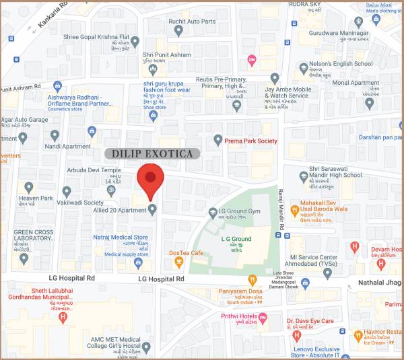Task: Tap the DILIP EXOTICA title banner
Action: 152,154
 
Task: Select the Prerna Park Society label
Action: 250,141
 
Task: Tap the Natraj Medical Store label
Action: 121,238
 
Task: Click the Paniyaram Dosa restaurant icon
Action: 252,279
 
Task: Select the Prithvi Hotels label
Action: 243,316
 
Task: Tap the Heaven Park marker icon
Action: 28,187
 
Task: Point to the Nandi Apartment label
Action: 67,146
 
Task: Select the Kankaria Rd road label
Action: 54,15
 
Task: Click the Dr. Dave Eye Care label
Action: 310,321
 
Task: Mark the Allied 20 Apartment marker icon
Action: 152,210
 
